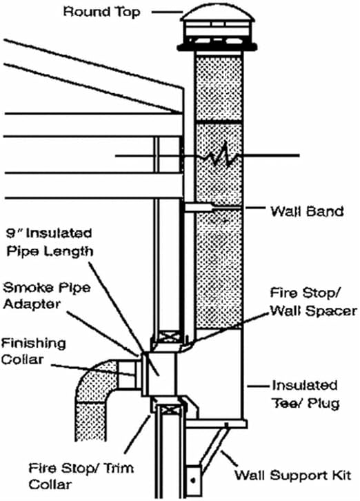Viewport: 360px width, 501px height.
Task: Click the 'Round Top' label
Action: pyautogui.click(x=101, y=11)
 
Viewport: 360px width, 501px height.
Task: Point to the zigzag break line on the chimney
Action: pyautogui.click(x=219, y=158)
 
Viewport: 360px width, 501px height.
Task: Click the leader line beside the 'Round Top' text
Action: pyautogui.click(x=168, y=12)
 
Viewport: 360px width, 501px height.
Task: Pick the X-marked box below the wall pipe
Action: pyautogui.click(x=167, y=402)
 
